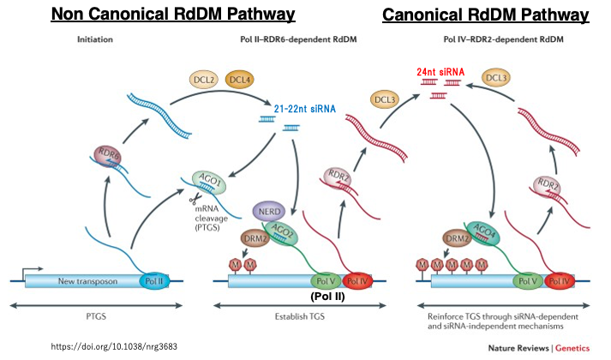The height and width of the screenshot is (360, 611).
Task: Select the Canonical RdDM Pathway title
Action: pos(485,15)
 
